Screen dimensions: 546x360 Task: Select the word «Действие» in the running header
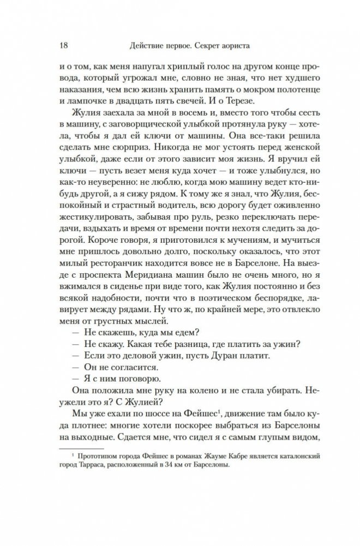coord(142,44)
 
